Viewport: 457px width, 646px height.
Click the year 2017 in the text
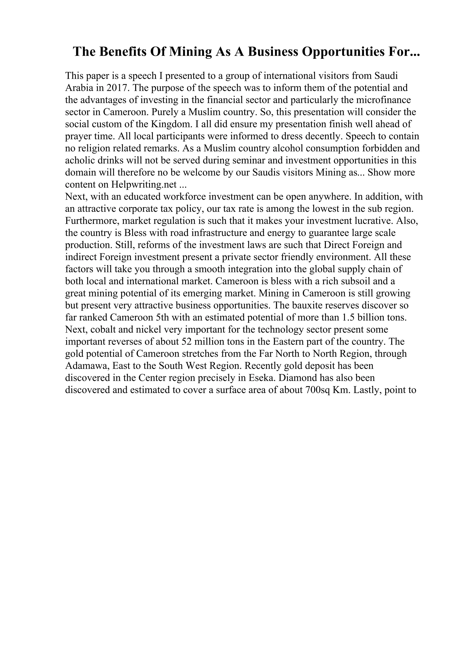click(x=118, y=88)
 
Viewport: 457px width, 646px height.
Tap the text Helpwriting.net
click(x=144, y=185)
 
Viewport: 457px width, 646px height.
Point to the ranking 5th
click(x=162, y=317)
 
